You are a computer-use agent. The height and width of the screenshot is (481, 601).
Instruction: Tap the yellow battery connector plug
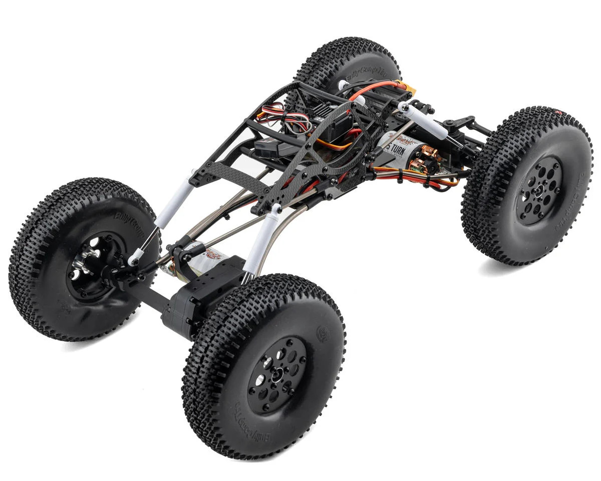(410, 90)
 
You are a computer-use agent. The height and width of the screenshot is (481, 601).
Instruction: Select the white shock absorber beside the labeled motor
(426, 121)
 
